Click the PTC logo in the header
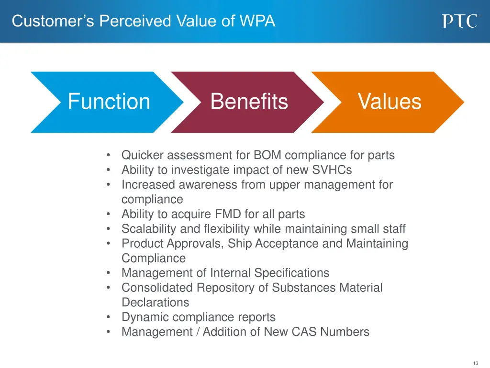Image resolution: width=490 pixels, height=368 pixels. (459, 21)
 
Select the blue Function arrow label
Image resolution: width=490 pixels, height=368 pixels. (109, 102)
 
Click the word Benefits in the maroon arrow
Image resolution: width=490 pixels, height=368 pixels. (249, 102)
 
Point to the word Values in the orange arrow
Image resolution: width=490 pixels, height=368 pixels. (390, 102)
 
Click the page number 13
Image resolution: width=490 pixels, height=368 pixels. (475, 363)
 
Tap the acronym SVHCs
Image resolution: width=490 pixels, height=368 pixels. (332, 170)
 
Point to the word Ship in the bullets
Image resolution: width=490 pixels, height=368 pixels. (240, 243)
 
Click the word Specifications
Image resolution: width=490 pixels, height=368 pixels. (291, 273)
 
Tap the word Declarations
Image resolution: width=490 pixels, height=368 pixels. (155, 303)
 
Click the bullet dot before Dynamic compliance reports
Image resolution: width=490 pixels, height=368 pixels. (110, 317)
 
